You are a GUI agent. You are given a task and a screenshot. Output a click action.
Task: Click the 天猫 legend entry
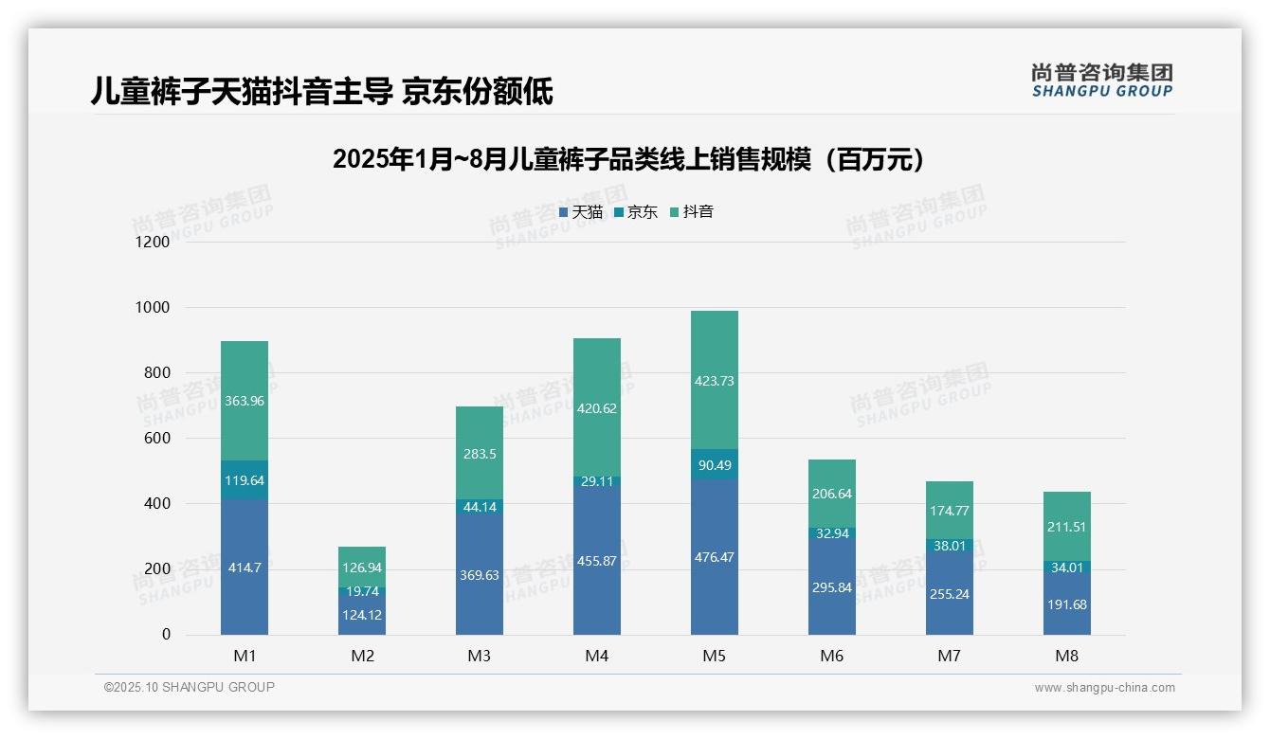point(581,212)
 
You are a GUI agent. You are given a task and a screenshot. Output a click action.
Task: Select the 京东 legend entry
point(636,212)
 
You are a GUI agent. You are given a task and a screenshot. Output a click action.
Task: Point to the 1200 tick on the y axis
point(152,242)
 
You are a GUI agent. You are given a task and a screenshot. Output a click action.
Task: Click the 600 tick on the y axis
point(156,438)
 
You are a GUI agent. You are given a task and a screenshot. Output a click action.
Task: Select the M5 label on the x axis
point(714,656)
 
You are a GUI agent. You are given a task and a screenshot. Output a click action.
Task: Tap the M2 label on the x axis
point(362,656)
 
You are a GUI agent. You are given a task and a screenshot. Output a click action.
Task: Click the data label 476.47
point(714,557)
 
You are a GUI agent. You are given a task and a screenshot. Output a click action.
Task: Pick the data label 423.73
point(714,381)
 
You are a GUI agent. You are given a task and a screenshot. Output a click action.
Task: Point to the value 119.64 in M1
point(245,480)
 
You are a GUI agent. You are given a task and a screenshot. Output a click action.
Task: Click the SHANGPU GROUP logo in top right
point(1101,81)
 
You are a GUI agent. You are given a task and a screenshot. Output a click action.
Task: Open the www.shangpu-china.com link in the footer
point(1104,688)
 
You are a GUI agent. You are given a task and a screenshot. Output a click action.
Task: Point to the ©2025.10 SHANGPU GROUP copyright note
point(189,687)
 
